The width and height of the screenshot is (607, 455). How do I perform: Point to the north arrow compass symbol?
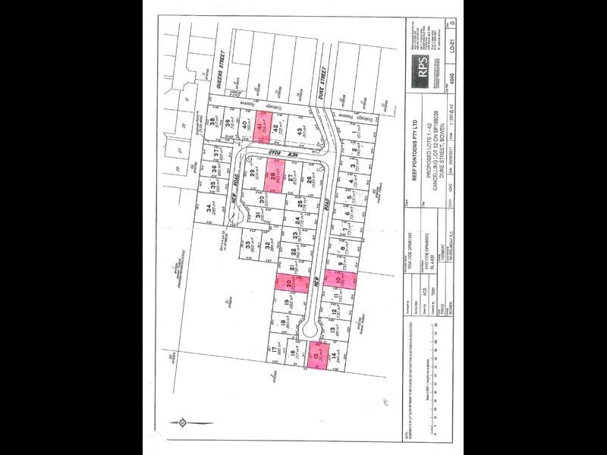coord(182,421)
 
